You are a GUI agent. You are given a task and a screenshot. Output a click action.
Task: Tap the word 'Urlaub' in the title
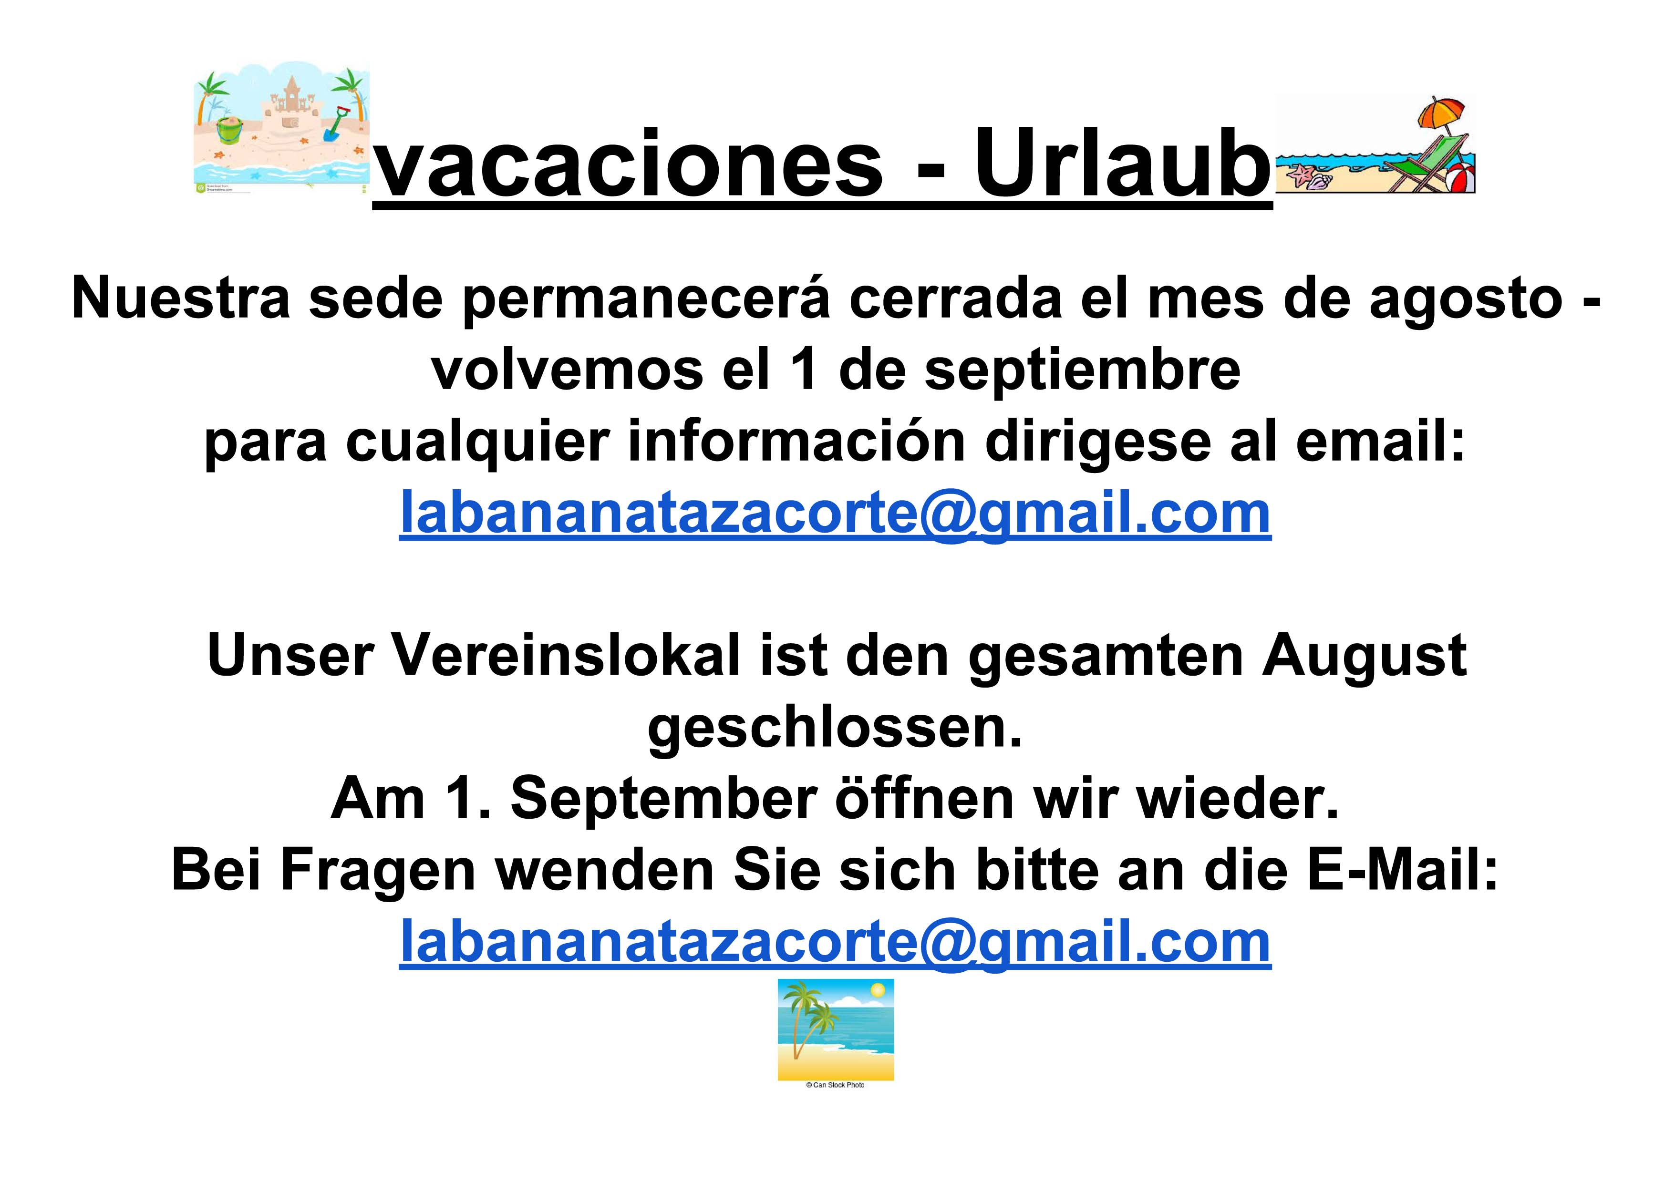[x=1124, y=163]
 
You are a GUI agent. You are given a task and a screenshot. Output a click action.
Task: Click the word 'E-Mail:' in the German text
[x=1402, y=870]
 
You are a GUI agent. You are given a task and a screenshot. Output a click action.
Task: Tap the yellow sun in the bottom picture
[x=878, y=990]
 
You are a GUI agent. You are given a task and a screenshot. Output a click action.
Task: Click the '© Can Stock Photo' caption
[x=835, y=1085]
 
